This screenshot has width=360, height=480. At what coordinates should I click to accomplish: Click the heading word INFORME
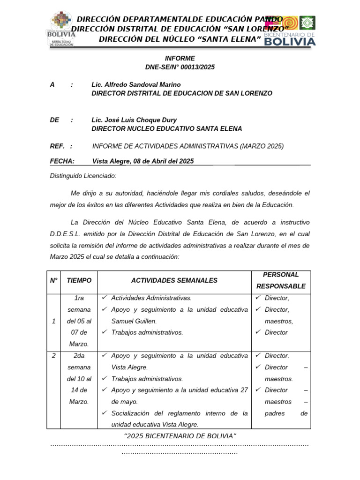(x=180, y=59)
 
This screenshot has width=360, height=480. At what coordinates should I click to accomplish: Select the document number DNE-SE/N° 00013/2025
(x=180, y=67)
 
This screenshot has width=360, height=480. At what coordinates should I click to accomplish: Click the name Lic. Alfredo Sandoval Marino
(x=136, y=84)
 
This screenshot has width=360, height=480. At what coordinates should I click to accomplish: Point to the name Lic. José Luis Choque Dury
(x=134, y=120)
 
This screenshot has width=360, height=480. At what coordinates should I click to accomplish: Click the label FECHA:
(x=62, y=161)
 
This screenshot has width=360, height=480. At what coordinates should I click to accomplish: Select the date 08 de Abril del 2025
(x=163, y=161)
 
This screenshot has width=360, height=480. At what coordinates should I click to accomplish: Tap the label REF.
(x=57, y=146)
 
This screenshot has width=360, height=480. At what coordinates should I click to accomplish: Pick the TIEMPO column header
(x=79, y=280)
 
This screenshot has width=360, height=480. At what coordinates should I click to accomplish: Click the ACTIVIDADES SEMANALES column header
(x=174, y=280)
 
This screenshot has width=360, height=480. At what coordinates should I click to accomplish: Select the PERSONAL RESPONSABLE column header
(x=281, y=280)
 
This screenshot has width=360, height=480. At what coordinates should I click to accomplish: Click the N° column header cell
(x=53, y=280)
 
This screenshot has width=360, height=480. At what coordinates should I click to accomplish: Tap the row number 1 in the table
(x=53, y=321)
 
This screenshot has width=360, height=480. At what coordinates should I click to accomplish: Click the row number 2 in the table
(x=53, y=356)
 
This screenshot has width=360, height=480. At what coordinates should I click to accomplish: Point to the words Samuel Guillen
(x=134, y=321)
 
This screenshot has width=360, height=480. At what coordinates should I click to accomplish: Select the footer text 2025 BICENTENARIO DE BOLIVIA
(x=180, y=436)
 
